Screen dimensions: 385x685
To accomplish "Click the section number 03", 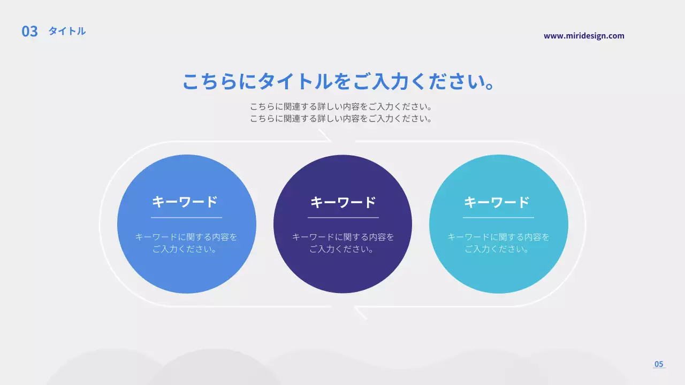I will (x=29, y=32).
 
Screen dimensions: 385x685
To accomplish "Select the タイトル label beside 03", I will (x=67, y=31).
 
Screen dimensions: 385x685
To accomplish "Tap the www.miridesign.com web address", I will (x=584, y=36).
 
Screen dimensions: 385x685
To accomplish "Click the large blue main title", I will (x=338, y=82).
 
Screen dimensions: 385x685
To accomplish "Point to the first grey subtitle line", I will (x=341, y=106).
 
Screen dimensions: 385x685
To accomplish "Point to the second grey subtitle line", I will (x=341, y=119).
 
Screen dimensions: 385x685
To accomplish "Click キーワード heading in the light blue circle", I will (x=185, y=202).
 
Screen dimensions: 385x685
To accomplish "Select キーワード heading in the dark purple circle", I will (x=343, y=202).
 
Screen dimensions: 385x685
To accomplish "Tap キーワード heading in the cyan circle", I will (x=497, y=202).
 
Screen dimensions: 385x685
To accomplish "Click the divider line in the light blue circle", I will (x=186, y=218).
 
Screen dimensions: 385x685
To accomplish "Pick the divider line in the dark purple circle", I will (x=343, y=218).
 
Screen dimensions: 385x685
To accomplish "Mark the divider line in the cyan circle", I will (x=498, y=218).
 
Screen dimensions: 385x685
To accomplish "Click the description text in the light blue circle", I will (x=186, y=243).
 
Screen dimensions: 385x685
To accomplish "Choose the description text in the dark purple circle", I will (x=342, y=243).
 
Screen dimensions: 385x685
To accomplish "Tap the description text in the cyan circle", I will (x=498, y=243).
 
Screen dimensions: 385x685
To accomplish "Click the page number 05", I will (x=659, y=364).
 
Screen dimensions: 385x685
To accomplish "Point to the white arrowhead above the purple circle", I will (x=325, y=136).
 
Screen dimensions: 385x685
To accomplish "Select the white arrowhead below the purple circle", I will (x=360, y=313).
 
